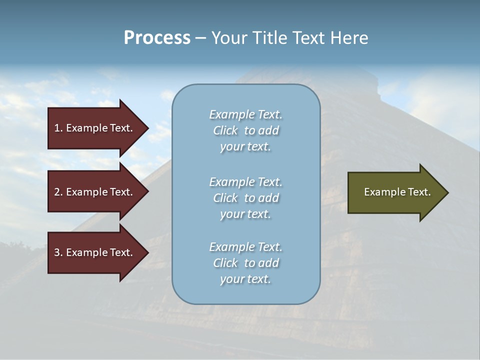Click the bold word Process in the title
pyautogui.click(x=157, y=38)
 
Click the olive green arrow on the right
pyautogui.click(x=395, y=192)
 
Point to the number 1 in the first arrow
pyautogui.click(x=57, y=128)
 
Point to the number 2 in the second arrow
pyautogui.click(x=57, y=192)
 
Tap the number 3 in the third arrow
pyautogui.click(x=57, y=252)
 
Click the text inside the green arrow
pyautogui.click(x=397, y=192)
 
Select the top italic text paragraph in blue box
pyautogui.click(x=245, y=130)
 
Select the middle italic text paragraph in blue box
pyautogui.click(x=245, y=198)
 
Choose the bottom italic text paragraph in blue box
pyautogui.click(x=245, y=263)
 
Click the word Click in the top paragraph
pyautogui.click(x=225, y=130)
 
